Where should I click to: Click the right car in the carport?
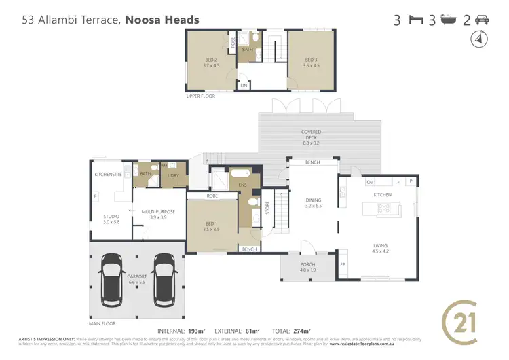coord(164,278)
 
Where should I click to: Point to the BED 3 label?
coord(312,62)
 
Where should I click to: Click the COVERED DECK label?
coord(312,137)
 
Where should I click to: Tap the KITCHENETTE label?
coord(108,175)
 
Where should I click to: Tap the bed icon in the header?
coord(415,20)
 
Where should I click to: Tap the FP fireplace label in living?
coord(343,264)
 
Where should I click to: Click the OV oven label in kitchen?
coord(351,182)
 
